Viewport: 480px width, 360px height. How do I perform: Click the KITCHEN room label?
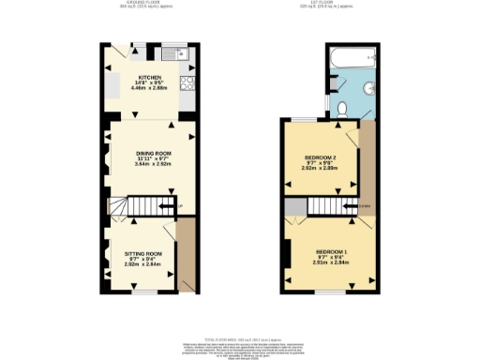click(x=150, y=77)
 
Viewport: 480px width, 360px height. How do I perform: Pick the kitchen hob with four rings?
click(x=186, y=85)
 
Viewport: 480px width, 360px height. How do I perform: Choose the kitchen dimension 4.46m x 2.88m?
click(x=150, y=88)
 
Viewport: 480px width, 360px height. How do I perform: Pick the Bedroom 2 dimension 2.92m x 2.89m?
click(x=320, y=170)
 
